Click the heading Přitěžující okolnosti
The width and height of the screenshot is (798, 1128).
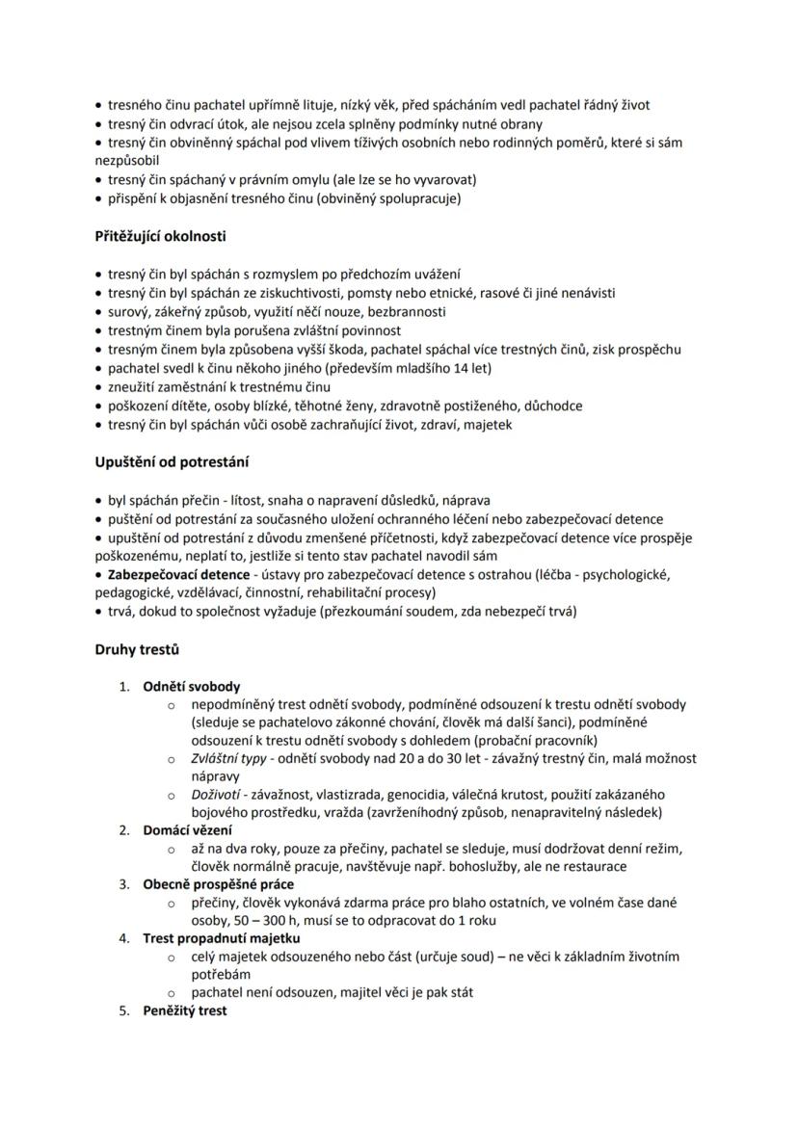(x=160, y=236)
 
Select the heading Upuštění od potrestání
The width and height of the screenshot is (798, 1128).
(x=172, y=462)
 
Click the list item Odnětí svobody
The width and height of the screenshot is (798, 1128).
(x=192, y=687)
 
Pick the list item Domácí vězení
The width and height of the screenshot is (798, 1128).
(x=187, y=829)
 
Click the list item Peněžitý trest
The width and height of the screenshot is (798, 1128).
(x=185, y=1010)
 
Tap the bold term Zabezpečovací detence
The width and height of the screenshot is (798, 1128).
(x=178, y=574)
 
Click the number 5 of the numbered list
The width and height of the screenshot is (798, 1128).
(x=123, y=1010)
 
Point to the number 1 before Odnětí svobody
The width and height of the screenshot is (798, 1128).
(x=123, y=687)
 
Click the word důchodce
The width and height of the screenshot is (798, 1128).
(x=552, y=406)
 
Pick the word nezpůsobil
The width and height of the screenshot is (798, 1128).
(x=127, y=160)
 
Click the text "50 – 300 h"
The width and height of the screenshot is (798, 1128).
(x=228, y=920)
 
